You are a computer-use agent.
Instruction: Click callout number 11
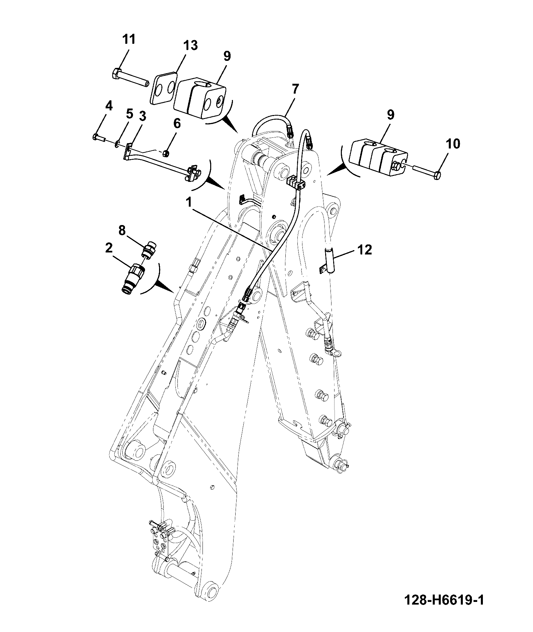coord(129,39)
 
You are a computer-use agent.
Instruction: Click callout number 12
coord(364,249)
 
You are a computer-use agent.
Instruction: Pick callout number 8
coord(122,230)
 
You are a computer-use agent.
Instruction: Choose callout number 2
coord(109,248)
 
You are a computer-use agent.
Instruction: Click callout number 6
coord(177,123)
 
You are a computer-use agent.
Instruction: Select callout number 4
coord(109,106)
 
